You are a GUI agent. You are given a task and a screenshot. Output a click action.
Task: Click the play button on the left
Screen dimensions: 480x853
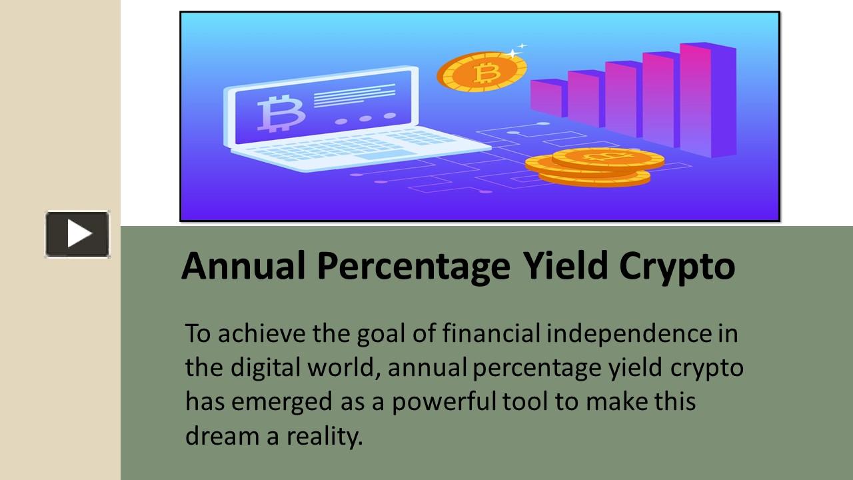coord(77,234)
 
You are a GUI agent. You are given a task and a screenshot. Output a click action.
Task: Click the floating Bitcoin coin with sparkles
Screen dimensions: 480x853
coord(481,71)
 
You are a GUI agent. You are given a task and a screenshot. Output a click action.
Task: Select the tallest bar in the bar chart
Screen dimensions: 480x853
coord(708,99)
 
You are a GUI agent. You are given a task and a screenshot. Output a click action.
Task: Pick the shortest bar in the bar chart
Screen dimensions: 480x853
coord(548,98)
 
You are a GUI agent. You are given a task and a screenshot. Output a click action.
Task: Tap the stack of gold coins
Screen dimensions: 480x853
coord(595,167)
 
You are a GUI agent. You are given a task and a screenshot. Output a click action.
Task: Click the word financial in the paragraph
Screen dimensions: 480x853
coord(491,333)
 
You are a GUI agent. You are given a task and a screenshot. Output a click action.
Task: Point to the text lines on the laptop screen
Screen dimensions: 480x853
coord(354,96)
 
